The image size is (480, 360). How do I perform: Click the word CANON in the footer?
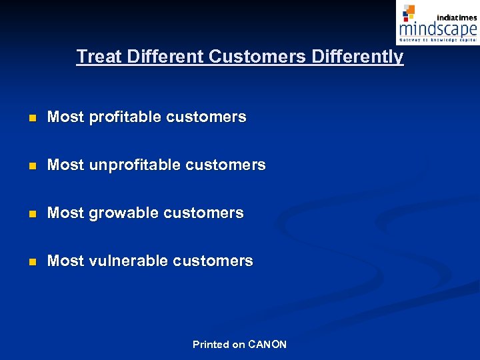tap(267, 345)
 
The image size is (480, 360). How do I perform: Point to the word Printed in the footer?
tap(211, 345)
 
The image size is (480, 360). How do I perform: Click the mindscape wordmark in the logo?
tap(437, 30)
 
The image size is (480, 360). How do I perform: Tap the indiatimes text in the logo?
tap(457, 17)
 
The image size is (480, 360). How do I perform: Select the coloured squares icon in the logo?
tap(409, 13)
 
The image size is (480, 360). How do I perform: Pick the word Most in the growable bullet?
tap(65, 213)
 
